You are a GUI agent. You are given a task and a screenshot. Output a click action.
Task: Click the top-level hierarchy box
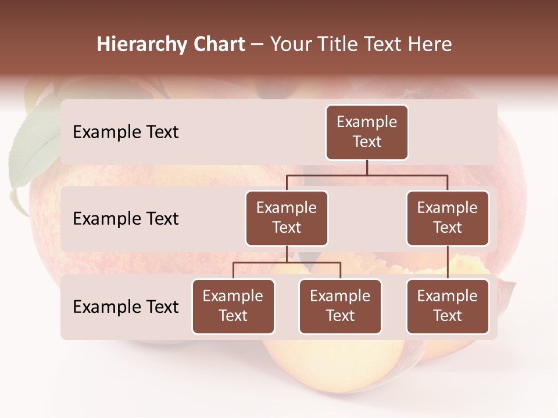pos(367,132)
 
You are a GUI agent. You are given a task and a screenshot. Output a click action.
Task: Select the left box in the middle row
pos(287,218)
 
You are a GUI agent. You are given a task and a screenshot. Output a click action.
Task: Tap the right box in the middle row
pos(448,218)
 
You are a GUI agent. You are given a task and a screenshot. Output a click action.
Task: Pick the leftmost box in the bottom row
pos(233,307)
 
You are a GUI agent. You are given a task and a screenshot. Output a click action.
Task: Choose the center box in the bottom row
pos(340,307)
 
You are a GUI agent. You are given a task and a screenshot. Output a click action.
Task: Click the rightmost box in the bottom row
pos(448,307)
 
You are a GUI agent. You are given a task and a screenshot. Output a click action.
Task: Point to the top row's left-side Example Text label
pos(126,132)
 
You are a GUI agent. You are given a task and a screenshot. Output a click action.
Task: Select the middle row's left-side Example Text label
pos(126,219)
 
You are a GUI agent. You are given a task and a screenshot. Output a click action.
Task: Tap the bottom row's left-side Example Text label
pos(126,307)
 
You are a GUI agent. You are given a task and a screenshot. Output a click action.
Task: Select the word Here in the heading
pos(431,44)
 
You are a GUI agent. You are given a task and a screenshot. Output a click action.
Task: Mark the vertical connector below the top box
pos(367,167)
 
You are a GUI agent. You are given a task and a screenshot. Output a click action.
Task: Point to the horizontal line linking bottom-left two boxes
pos(287,262)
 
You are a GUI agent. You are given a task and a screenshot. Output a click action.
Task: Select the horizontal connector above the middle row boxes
pos(367,175)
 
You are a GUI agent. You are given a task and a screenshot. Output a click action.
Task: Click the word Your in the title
pos(291,44)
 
